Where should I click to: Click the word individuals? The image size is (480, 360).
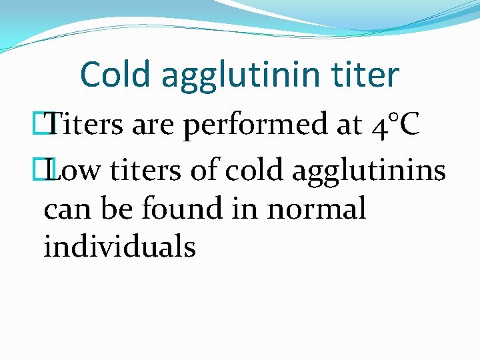coord(119,247)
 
